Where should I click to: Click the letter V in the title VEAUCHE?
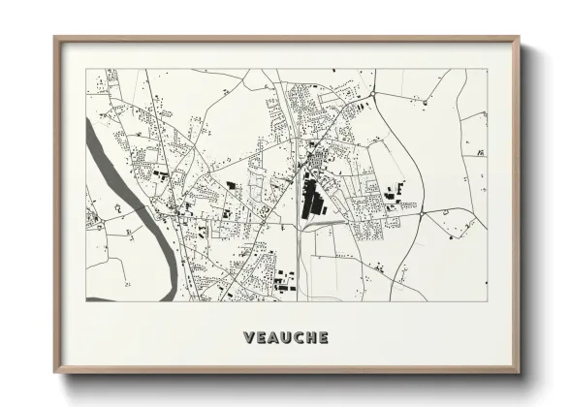pyautogui.click(x=248, y=338)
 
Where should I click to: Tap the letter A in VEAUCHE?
pyautogui.click(x=273, y=338)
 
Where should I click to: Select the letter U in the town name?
pyautogui.click(x=286, y=338)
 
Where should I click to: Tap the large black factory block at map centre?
pyautogui.click(x=311, y=199)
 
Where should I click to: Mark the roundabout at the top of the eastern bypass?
pyautogui.click(x=372, y=93)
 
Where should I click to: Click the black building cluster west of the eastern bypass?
pyautogui.click(x=394, y=193)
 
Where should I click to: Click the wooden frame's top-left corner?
pyautogui.click(x=55, y=39)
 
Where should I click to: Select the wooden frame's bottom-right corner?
pyautogui.click(x=519, y=372)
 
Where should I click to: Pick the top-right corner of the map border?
pyautogui.click(x=488, y=69)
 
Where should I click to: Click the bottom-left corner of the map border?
pyautogui.click(x=86, y=300)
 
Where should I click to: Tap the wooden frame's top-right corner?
pyautogui.click(x=519, y=39)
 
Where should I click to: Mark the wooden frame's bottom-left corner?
pyautogui.click(x=55, y=372)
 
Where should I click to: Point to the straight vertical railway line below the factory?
pyautogui.click(x=297, y=262)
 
